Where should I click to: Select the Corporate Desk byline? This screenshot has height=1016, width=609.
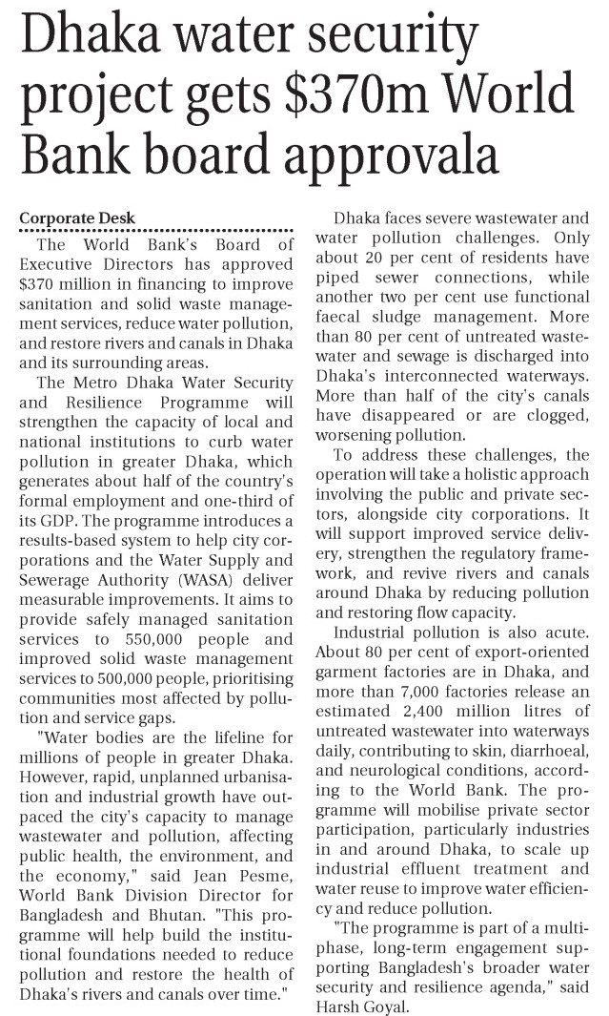[x=77, y=218]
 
